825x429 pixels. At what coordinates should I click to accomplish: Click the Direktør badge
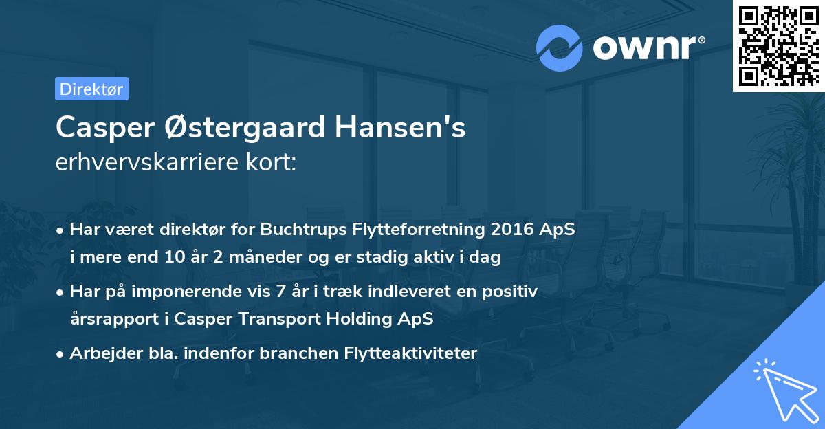tap(91, 89)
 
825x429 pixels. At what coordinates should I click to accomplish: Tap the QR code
tap(778, 46)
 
